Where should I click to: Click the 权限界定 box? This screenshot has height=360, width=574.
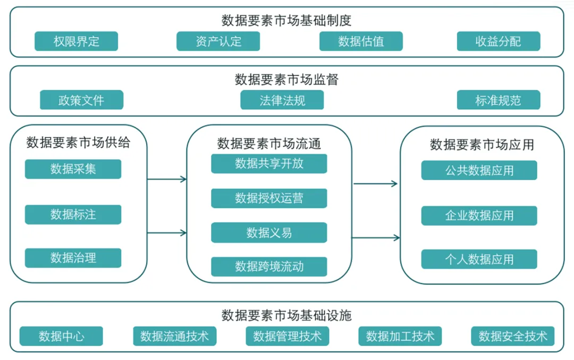coord(76,41)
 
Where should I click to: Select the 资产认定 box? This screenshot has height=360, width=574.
coord(218,41)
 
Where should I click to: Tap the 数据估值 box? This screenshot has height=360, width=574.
coord(361,41)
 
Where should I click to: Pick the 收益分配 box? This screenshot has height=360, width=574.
coord(498,41)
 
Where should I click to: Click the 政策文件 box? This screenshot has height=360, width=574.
coord(81,100)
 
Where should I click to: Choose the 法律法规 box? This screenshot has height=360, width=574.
coord(282,100)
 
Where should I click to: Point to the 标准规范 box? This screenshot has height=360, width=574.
coord(498,100)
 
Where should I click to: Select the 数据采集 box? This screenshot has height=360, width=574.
coord(73,169)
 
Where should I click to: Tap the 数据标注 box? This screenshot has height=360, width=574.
coord(73,214)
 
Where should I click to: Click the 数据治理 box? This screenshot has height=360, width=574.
coord(73,258)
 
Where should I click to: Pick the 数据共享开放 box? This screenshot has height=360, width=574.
coord(269,164)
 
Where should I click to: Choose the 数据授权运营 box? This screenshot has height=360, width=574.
coord(269,198)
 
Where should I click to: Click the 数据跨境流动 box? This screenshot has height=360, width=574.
coord(269,266)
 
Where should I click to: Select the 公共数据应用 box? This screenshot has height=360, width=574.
coord(479,171)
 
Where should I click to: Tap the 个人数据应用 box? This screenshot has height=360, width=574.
coord(479,259)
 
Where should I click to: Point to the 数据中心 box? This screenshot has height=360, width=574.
coord(61,336)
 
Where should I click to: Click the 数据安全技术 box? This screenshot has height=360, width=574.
coord(512,336)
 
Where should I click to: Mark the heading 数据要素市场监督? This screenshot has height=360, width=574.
coord(286,80)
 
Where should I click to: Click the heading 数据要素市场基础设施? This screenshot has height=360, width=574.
coord(286,315)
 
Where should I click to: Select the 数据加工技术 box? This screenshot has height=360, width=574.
coord(400,336)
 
